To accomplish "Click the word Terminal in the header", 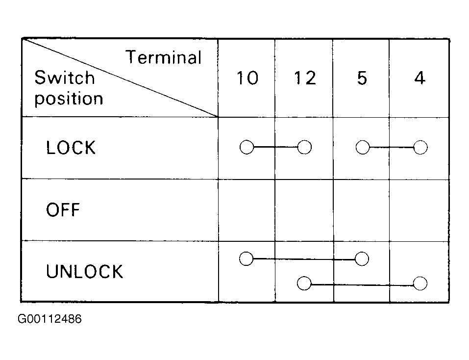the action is pyautogui.click(x=163, y=57).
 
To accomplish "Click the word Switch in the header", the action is pyautogui.click(x=65, y=77).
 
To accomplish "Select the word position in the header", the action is pyautogui.click(x=69, y=99).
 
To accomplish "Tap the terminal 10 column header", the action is pyautogui.click(x=247, y=78).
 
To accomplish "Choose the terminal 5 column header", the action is pyautogui.click(x=362, y=78).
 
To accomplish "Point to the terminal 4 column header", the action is pyautogui.click(x=420, y=78).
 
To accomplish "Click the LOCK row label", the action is pyautogui.click(x=71, y=148).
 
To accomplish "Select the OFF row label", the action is pyautogui.click(x=63, y=209).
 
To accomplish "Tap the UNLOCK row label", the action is pyautogui.click(x=84, y=271).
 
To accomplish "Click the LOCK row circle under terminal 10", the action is pyautogui.click(x=247, y=147).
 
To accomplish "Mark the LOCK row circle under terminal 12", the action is pyautogui.click(x=304, y=147).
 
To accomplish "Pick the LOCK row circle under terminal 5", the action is pyautogui.click(x=363, y=147).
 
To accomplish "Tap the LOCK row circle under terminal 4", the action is pyautogui.click(x=420, y=147).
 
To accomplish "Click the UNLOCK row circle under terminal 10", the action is pyautogui.click(x=246, y=258).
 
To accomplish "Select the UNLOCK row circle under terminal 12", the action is pyautogui.click(x=304, y=283).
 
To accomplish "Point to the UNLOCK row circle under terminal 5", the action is pyautogui.click(x=362, y=259).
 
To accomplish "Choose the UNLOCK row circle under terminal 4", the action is pyautogui.click(x=420, y=283).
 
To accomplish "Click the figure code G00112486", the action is pyautogui.click(x=49, y=319).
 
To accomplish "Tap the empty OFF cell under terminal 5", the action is pyautogui.click(x=361, y=210).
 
